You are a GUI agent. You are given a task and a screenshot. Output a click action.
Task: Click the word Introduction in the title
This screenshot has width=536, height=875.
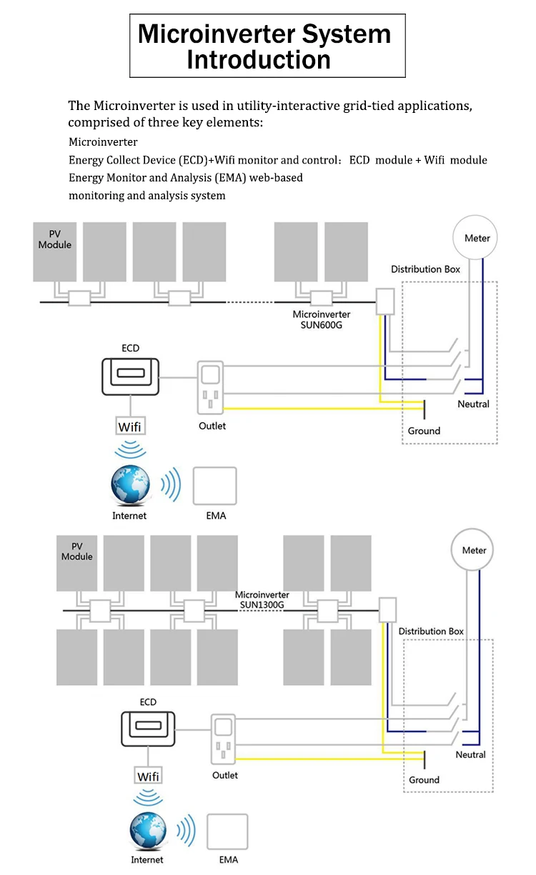coord(259,59)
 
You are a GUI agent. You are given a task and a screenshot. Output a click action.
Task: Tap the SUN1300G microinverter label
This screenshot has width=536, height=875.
coord(262,600)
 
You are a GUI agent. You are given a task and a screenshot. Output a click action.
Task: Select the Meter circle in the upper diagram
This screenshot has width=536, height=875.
coord(477,238)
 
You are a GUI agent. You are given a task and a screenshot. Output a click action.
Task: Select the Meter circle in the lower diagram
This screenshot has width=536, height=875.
coord(474,551)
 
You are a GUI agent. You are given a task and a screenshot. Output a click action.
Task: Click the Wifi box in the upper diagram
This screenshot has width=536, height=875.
coord(130,427)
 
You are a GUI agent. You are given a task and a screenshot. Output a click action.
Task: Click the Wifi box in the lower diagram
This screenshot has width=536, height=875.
coord(149,776)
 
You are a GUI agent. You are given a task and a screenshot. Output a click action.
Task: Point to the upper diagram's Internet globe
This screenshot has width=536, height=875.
coord(131,486)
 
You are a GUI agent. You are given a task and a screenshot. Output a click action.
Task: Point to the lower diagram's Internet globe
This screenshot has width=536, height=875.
coord(149,832)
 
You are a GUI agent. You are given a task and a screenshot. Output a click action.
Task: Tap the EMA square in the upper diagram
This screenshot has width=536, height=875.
coord(214,486)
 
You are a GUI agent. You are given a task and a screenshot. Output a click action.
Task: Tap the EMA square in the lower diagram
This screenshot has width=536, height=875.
coord(227,832)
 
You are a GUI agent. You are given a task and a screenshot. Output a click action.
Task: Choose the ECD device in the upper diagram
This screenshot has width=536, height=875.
coord(130,376)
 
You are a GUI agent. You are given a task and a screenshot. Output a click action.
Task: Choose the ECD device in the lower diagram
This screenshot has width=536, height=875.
coord(148,730)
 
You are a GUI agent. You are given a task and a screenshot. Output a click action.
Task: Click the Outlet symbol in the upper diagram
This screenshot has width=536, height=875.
coord(211,389)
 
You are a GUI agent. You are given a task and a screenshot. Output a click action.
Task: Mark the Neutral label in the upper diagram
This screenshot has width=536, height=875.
coord(473,404)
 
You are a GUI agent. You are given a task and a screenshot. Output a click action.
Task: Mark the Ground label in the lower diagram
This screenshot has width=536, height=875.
coord(424,780)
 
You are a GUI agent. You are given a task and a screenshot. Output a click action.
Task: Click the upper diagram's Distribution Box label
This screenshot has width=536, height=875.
coord(425,269)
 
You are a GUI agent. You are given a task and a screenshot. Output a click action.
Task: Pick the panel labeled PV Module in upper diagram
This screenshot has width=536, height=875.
coord(55,251)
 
